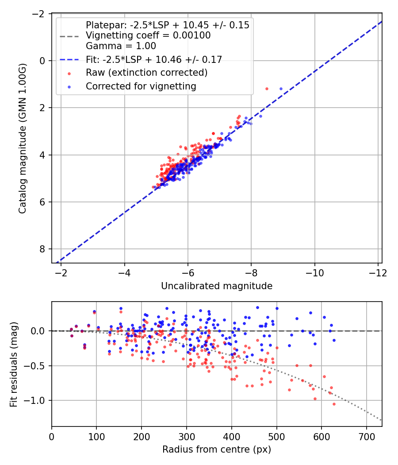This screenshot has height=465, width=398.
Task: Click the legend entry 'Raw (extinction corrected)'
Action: (x=146, y=72)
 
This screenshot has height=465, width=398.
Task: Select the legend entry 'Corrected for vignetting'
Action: (x=141, y=86)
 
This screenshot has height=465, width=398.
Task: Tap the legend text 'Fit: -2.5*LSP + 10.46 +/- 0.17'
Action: (x=153, y=59)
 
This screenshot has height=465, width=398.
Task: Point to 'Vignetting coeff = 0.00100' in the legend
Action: (x=148, y=35)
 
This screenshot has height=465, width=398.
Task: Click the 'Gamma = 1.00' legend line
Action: (x=121, y=46)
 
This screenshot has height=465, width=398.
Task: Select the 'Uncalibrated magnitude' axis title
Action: (x=217, y=286)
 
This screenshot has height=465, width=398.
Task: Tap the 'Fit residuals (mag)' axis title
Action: (x=13, y=364)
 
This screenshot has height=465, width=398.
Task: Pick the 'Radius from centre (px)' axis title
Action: (x=217, y=449)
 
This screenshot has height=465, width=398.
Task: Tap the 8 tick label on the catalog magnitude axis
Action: (x=43, y=249)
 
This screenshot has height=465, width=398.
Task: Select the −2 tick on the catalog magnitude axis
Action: (x=40, y=14)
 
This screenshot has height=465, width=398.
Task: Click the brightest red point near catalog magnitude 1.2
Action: (x=267, y=89)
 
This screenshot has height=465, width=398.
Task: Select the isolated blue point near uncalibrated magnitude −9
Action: (x=281, y=89)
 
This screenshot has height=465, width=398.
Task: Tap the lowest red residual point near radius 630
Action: (x=334, y=404)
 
